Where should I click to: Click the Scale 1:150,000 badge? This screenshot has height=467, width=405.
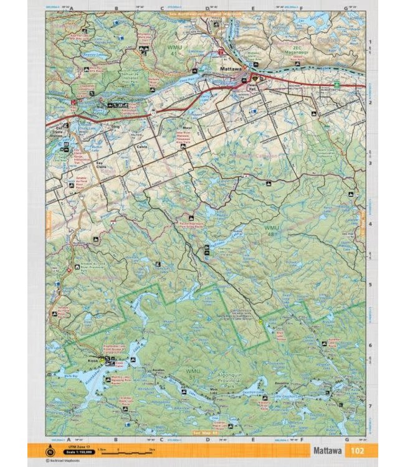[x=69, y=451]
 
